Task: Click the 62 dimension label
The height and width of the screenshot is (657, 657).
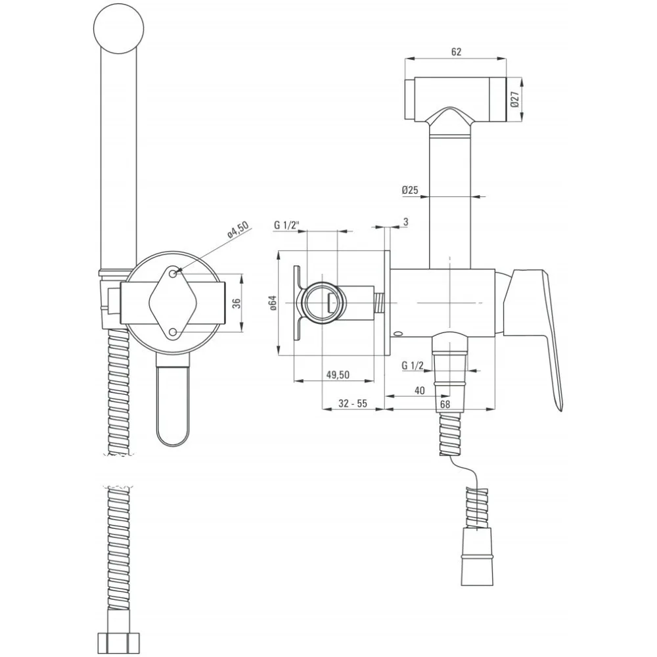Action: [457, 51]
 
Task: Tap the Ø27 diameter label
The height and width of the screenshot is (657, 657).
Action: [515, 99]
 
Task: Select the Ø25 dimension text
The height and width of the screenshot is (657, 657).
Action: [410, 190]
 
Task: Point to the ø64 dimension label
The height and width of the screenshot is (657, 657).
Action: [273, 302]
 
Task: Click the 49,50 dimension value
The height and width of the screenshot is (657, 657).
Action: [338, 374]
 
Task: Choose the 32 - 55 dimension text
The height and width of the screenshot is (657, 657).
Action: [353, 403]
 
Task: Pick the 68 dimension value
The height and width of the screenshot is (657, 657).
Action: [445, 404]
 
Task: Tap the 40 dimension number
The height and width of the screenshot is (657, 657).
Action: [419, 390]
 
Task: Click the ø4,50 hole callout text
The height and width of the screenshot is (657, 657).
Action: [238, 230]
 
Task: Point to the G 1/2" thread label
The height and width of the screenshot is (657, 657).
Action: [287, 225]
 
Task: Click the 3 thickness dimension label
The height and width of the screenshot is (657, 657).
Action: [405, 221]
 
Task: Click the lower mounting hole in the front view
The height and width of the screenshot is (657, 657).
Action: [173, 332]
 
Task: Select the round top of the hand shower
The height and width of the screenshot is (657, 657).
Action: [118, 28]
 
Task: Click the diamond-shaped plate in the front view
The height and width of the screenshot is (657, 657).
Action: [173, 303]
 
